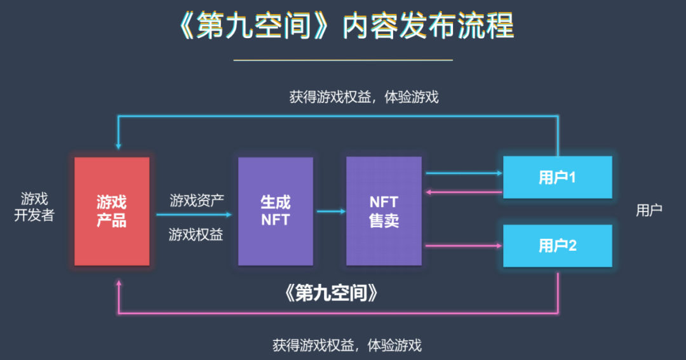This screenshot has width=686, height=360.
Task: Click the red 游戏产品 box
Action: coord(112,211)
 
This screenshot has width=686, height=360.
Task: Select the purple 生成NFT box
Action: coord(275,211)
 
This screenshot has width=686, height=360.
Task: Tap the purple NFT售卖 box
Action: coord(384,211)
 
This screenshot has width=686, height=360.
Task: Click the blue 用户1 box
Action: coord(558,177)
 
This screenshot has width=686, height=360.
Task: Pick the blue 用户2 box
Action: coord(558,246)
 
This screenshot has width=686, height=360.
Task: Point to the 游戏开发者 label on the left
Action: coord(34,207)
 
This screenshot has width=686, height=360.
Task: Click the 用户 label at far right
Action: coord(649,210)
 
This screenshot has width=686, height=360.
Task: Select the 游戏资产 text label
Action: coord(196,201)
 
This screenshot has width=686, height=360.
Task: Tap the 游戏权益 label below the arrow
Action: coord(196,235)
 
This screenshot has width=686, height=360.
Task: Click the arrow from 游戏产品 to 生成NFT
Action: coord(194,215)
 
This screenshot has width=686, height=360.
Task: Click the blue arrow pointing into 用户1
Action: coord(462,172)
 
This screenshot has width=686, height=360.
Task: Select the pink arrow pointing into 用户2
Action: coord(462,245)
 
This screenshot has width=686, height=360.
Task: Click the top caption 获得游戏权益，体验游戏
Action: coord(364,97)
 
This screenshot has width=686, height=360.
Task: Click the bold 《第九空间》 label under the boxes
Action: coord(332,293)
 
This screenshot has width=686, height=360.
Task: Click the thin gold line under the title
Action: coord(343,60)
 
